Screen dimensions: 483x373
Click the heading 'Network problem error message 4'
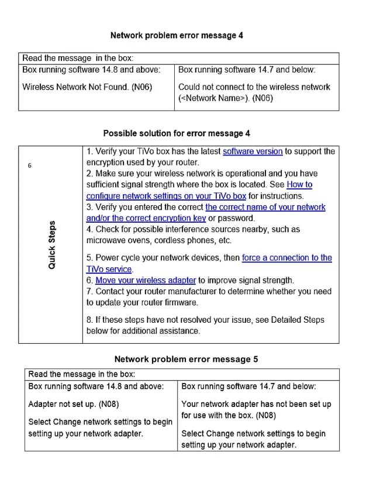(177, 36)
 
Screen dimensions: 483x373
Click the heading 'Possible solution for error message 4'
(177, 133)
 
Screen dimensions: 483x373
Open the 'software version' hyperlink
(253, 151)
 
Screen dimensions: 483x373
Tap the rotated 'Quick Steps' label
(53, 244)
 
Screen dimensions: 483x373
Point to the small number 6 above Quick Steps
(30, 165)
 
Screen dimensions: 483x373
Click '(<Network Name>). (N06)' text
(226, 98)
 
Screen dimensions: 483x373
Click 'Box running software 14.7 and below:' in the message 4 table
(247, 70)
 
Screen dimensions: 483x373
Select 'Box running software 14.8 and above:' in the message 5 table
(96, 387)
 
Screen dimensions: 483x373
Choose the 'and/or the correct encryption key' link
(146, 218)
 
